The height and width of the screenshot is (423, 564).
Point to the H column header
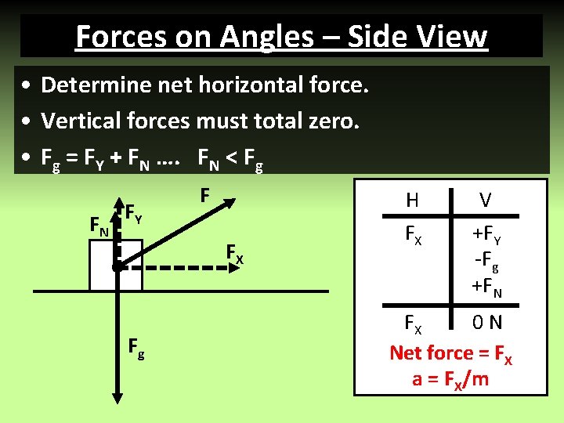click(x=412, y=201)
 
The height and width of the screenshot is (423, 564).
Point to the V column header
click(x=486, y=201)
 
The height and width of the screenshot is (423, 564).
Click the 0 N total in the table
click(x=486, y=323)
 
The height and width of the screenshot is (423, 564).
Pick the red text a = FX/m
click(x=450, y=379)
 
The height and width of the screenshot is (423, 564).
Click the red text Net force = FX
click(x=451, y=352)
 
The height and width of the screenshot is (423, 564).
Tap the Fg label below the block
click(x=136, y=349)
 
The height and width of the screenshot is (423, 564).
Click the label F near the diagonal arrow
click(x=204, y=193)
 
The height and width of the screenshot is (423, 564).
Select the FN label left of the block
click(x=99, y=228)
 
